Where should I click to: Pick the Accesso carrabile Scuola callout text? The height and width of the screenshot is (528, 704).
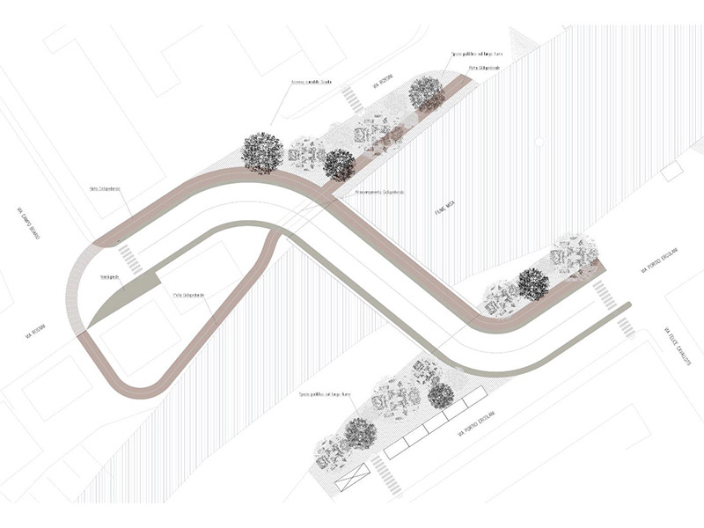pos(312,84)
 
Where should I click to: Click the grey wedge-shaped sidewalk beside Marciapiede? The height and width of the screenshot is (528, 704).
pos(128,295)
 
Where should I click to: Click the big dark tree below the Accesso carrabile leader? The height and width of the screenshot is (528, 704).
pos(262,152)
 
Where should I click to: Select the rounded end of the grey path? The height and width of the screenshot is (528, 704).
pos(627,305)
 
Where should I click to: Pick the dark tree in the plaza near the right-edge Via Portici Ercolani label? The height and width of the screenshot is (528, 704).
pos(532,283)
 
